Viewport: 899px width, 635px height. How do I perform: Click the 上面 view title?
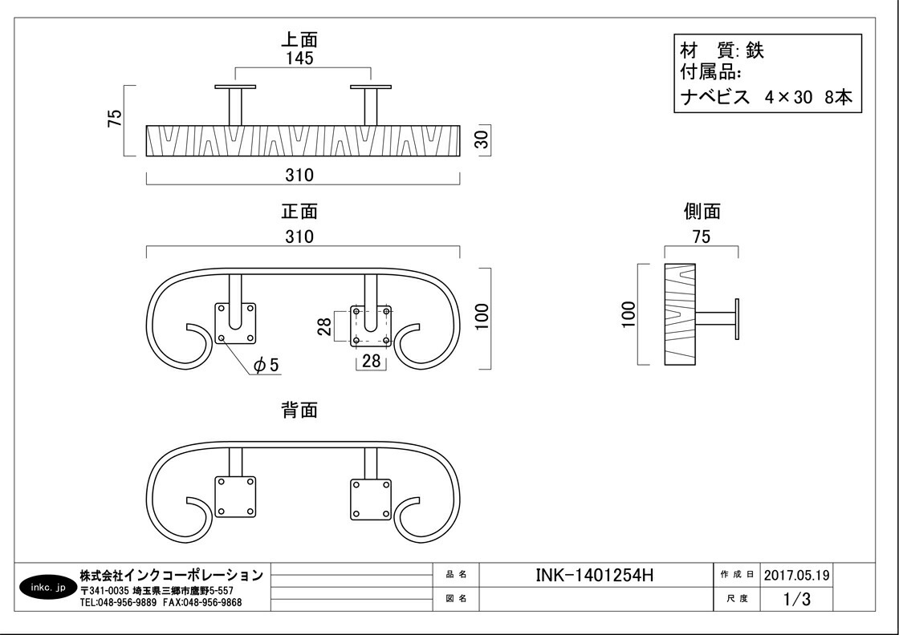tap(299, 39)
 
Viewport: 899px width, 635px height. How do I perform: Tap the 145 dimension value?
tap(299, 58)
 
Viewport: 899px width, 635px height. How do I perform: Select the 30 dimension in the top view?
tap(482, 140)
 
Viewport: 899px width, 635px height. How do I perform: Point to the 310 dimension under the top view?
tap(299, 175)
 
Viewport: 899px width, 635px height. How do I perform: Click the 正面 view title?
tap(299, 212)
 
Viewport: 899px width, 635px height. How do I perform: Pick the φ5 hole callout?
tap(266, 364)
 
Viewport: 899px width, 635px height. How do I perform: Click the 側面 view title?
tap(702, 212)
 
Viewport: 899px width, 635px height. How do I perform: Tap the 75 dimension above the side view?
tap(702, 237)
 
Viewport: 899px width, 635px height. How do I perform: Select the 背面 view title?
tap(299, 410)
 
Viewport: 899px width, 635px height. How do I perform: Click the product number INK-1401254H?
tap(594, 575)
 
